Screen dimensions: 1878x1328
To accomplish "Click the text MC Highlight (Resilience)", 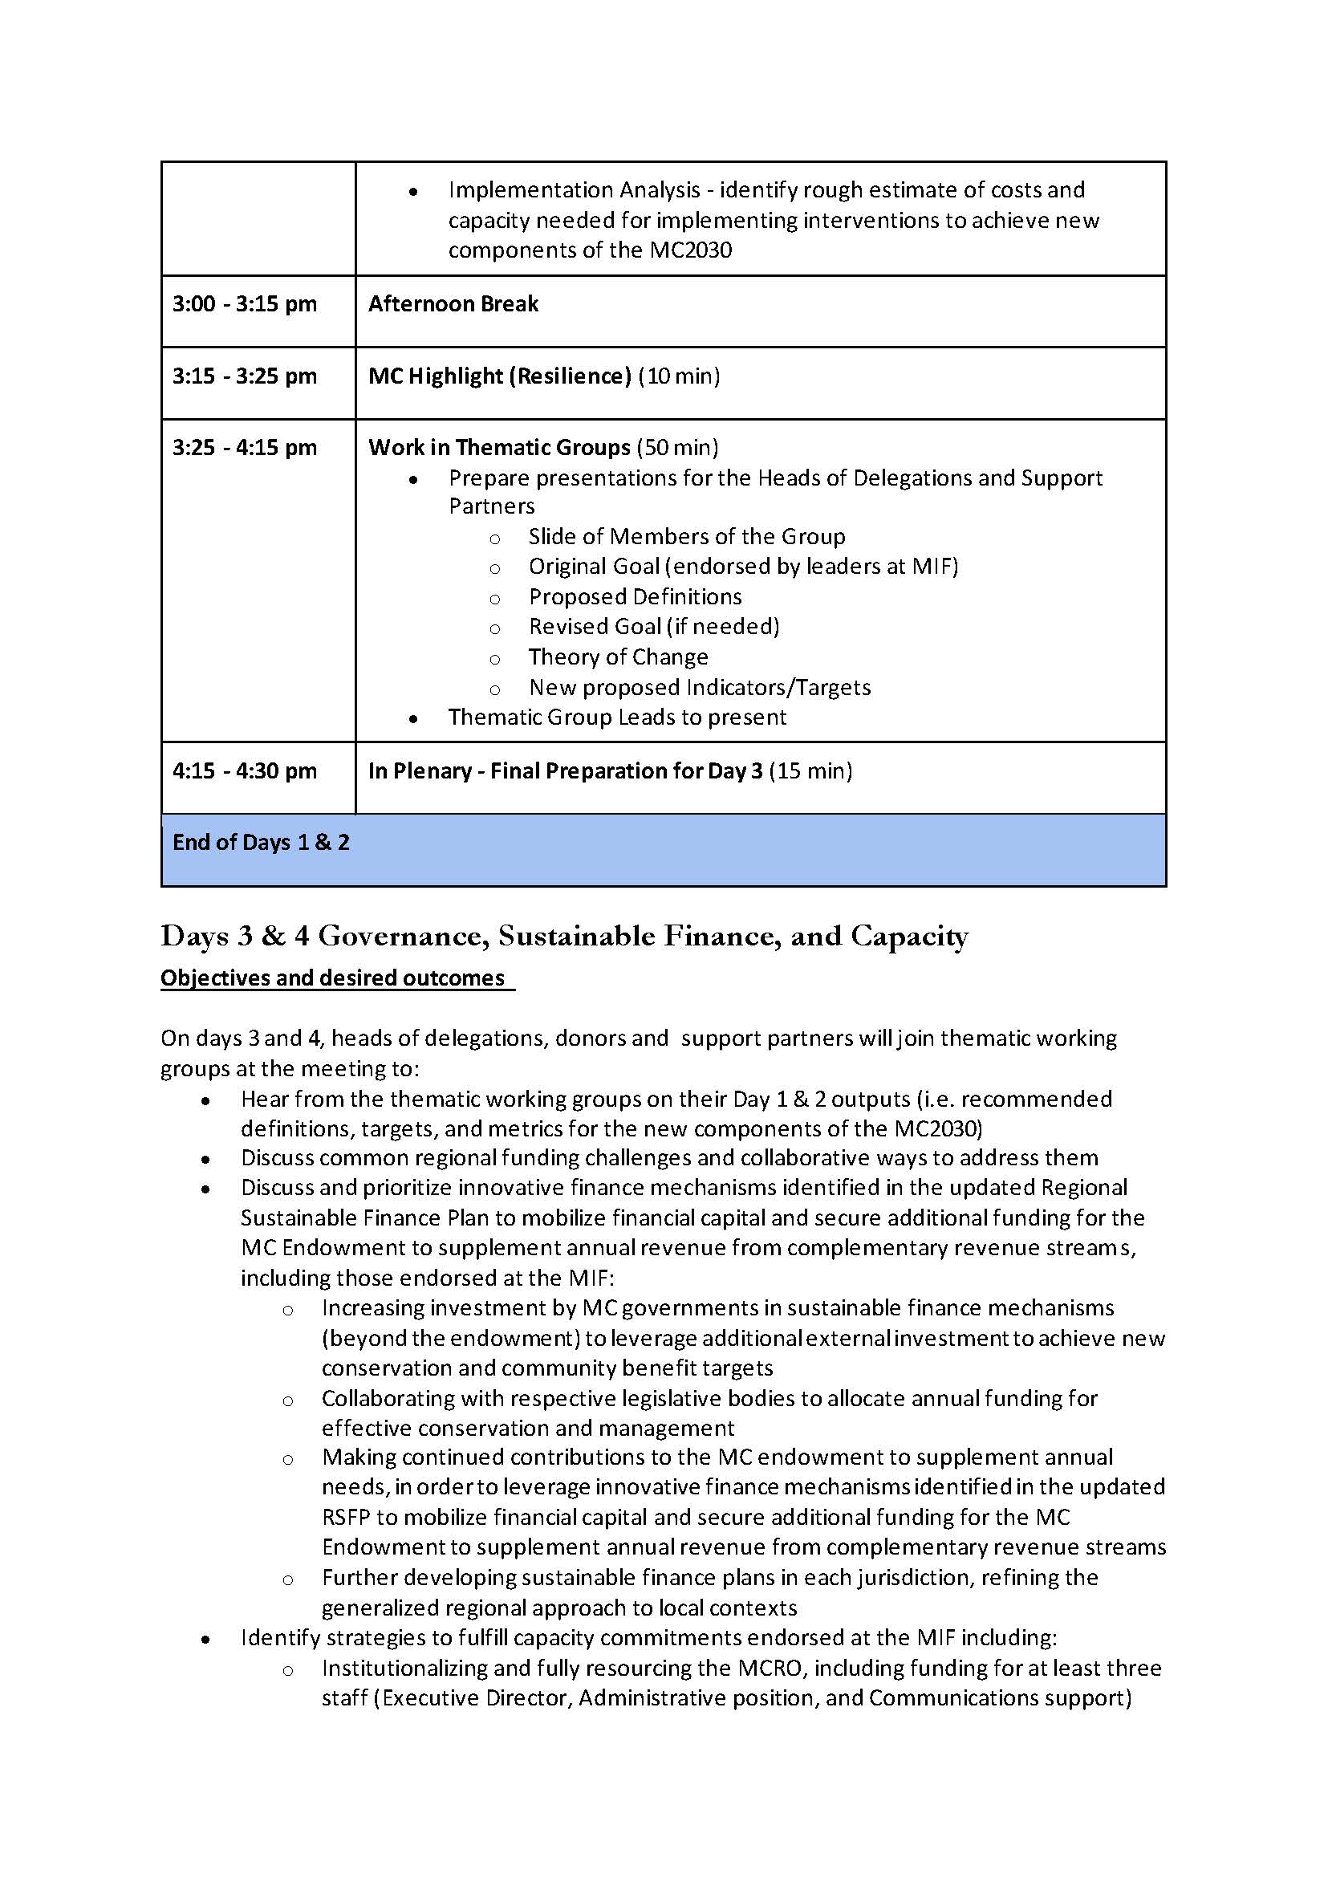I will click(499, 376).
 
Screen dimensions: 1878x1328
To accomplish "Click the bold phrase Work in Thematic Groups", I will click(499, 447).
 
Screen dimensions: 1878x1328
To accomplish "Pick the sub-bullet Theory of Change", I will click(617, 656).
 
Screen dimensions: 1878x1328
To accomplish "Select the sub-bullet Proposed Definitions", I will click(635, 597).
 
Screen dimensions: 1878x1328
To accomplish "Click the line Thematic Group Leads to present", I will click(616, 717).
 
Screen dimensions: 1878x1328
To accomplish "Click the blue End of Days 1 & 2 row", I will click(662, 849).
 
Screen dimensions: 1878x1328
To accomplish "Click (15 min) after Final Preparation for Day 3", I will click(810, 770).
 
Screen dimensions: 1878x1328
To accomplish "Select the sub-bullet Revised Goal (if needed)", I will click(653, 627).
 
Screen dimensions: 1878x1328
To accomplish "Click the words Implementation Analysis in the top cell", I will click(574, 189).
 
